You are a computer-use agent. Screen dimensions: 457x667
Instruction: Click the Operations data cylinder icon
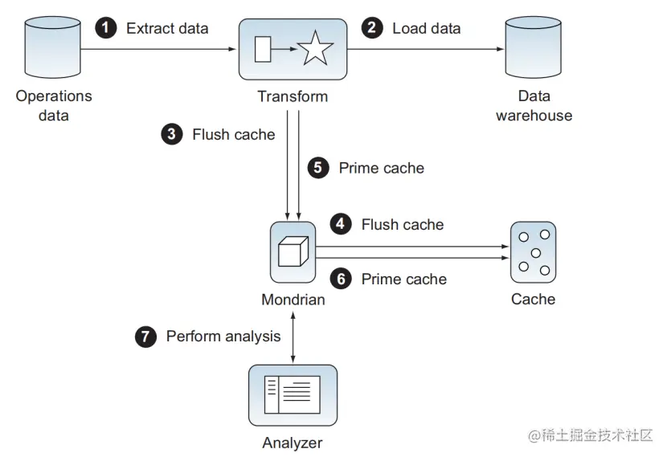tap(54, 48)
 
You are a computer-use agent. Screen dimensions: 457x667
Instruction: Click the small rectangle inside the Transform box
tap(263, 50)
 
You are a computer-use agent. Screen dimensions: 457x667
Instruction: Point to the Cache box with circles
tap(533, 252)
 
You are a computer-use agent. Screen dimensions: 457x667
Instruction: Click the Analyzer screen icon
tap(293, 394)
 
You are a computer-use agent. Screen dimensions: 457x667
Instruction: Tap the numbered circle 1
tap(105, 29)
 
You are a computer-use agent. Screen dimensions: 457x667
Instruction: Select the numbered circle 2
tap(371, 29)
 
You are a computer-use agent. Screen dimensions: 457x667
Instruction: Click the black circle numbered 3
tap(171, 135)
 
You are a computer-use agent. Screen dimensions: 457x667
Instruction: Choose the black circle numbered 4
tap(341, 225)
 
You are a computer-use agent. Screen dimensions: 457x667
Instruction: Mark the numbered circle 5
tap(318, 168)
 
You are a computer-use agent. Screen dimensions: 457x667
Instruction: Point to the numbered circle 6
tap(341, 280)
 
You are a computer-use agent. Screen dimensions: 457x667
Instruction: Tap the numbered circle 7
tap(145, 337)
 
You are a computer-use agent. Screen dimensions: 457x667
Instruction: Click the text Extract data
tap(167, 29)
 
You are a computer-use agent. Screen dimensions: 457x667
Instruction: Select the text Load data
tap(427, 29)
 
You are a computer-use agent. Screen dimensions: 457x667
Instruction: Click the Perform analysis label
tap(223, 337)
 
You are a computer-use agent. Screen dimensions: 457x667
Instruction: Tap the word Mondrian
tap(293, 300)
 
